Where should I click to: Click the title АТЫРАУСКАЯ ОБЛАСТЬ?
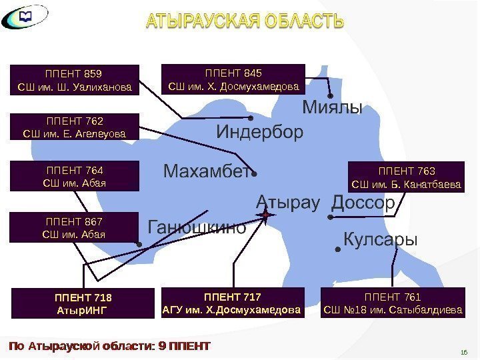pos(245,22)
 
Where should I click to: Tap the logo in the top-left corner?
pos(25,19)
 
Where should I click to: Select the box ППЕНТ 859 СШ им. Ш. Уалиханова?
pos(75,80)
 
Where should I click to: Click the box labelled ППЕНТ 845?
pos(233,79)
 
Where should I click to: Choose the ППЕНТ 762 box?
pos(75,127)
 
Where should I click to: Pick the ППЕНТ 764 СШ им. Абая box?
pos(75,176)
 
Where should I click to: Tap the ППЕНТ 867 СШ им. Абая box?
pos(75,227)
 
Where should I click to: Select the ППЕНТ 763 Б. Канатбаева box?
pos(406,177)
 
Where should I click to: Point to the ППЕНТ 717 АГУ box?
pos(233,303)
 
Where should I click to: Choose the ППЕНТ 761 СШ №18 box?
pos(392,303)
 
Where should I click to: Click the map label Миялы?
pos(332,107)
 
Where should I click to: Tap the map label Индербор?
pos(259,132)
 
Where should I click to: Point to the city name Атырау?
pos(288,202)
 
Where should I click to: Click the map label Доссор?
pos(363,202)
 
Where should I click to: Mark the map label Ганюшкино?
pos(196,228)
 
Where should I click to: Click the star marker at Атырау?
pos(265,215)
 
